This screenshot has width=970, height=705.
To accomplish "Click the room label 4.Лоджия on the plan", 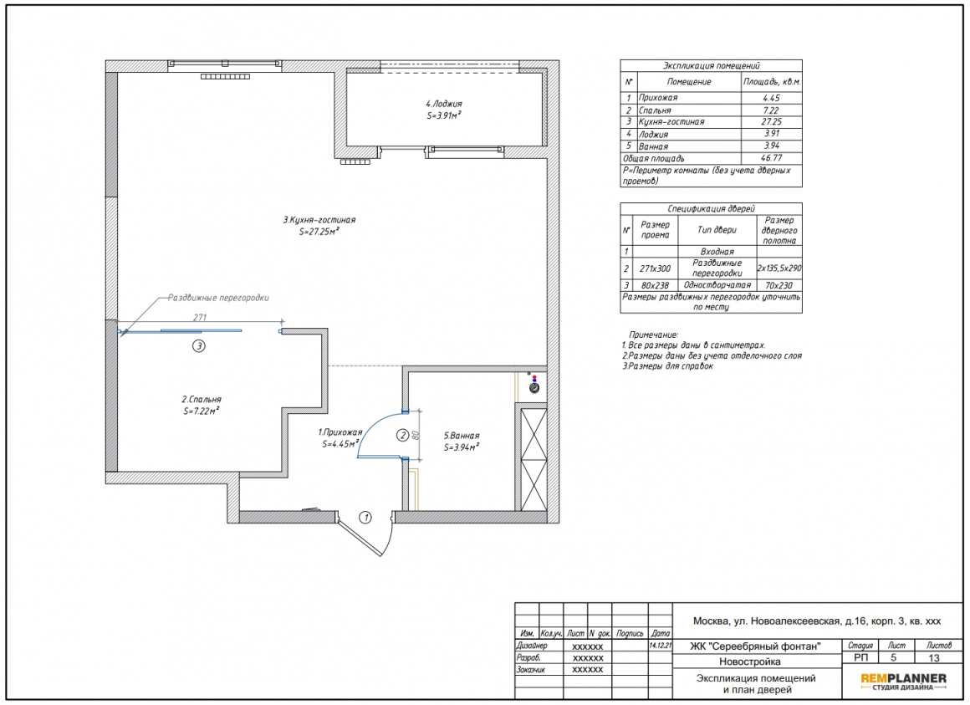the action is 443,104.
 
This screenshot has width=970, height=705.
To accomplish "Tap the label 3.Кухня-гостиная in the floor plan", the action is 319,220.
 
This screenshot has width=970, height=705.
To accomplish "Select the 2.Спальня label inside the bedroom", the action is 201,400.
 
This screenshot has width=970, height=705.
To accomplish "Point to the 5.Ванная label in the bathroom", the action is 462,436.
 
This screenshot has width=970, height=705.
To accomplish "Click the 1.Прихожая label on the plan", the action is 340,432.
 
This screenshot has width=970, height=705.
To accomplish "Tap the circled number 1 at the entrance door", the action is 365,517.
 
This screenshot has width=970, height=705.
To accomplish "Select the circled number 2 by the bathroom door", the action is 402,436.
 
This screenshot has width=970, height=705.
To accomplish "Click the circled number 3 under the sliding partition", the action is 198,346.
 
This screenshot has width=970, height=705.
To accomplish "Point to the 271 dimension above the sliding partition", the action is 200,317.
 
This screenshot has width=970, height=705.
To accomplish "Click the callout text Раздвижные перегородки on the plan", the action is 218,298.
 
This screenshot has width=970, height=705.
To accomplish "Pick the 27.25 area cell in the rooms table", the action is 772,122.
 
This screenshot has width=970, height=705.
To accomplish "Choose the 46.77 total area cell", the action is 772,158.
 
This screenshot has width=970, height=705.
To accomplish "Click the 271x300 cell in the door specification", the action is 655,268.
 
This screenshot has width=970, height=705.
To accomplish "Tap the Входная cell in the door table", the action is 717,252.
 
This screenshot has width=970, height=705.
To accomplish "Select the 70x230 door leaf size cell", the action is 779,285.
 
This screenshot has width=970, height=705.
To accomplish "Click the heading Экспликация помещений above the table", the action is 712,65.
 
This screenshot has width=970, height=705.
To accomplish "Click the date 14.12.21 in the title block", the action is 660,645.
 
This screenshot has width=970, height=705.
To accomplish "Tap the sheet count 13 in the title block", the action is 934,658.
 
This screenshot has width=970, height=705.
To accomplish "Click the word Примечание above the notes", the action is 653,335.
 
